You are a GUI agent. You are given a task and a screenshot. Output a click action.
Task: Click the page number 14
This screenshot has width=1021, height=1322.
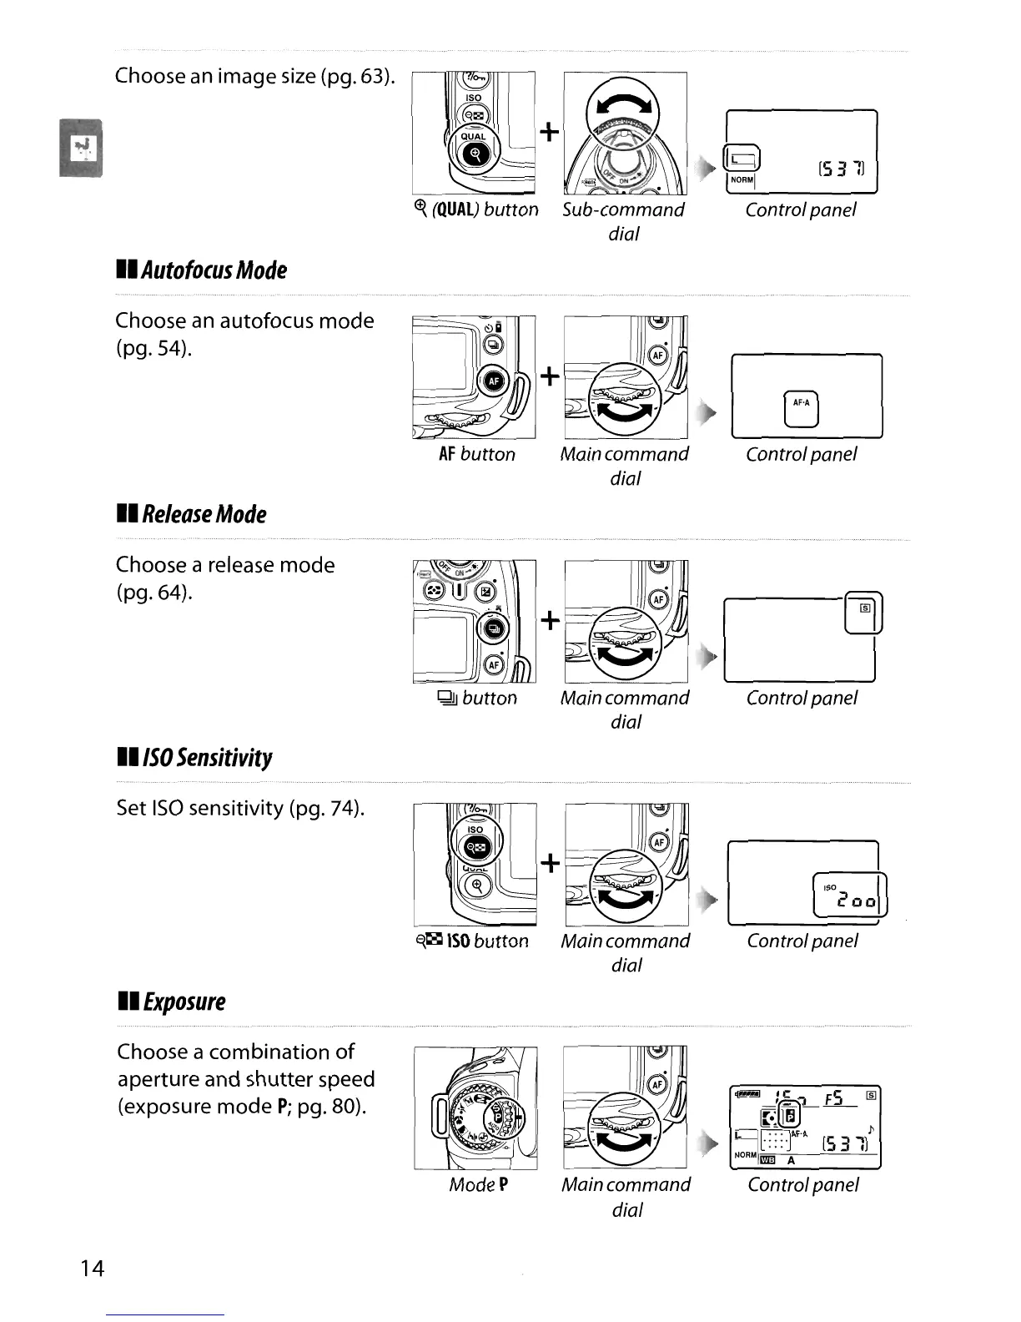pyautogui.click(x=93, y=1269)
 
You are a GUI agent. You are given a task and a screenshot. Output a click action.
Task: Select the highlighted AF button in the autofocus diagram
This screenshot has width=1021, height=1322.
pyautogui.click(x=493, y=381)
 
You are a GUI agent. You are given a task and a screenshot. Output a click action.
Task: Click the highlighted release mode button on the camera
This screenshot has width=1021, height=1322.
pyautogui.click(x=493, y=628)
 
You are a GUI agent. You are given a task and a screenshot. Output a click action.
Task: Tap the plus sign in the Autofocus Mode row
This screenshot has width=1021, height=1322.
pyautogui.click(x=549, y=376)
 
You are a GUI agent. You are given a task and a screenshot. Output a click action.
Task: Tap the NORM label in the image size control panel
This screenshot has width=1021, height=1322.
pyautogui.click(x=742, y=179)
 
